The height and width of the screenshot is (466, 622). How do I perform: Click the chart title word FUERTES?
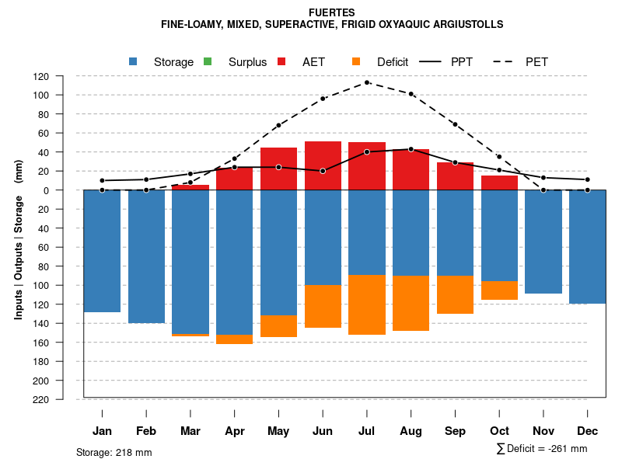pos(332,12)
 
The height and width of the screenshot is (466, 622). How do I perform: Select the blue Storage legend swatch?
pos(133,61)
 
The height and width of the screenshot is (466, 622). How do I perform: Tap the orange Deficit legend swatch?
pos(356,61)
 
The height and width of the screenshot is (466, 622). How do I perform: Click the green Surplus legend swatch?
pos(208,61)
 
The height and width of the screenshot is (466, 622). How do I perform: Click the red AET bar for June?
pos(323,165)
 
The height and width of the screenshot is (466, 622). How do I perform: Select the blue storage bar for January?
pos(102,251)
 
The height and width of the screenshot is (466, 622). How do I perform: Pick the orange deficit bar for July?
pos(367,304)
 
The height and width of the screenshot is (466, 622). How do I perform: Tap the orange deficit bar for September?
pos(455,294)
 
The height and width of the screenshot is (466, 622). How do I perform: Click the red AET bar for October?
pos(499,183)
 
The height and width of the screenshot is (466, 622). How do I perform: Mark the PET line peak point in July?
pos(367,82)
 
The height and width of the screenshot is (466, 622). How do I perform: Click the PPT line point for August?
pos(411,149)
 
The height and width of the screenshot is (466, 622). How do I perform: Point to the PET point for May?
pos(278,125)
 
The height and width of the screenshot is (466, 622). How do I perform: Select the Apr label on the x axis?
pos(235,431)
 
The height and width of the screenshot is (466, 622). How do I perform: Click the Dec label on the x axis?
pos(588,431)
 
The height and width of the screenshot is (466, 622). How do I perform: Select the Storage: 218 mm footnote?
pos(114,452)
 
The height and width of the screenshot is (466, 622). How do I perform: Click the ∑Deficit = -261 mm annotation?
pos(541,449)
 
